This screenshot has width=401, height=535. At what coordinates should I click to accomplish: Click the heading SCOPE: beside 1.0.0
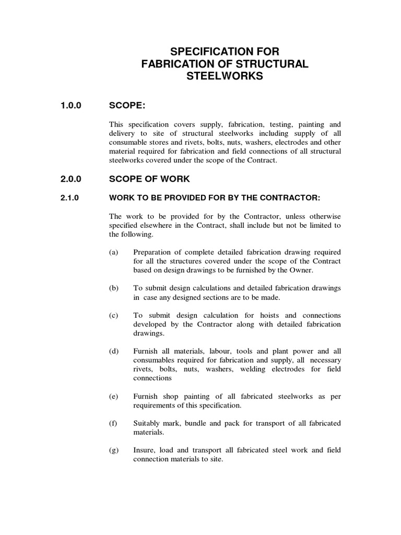pyautogui.click(x=127, y=106)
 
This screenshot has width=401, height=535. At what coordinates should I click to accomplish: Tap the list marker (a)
pyautogui.click(x=114, y=252)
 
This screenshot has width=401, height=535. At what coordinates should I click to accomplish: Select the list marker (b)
pyautogui.click(x=114, y=288)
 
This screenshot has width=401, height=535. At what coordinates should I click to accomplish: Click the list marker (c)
pyautogui.click(x=114, y=316)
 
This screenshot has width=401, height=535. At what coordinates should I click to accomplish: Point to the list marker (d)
pyautogui.click(x=114, y=351)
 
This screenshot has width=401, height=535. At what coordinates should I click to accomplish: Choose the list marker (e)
pyautogui.click(x=114, y=397)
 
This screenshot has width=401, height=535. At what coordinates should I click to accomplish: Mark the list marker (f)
pyautogui.click(x=113, y=423)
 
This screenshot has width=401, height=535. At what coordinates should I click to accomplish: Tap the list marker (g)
pyautogui.click(x=114, y=450)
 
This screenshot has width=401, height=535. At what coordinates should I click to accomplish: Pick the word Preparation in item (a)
pyautogui.click(x=152, y=252)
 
